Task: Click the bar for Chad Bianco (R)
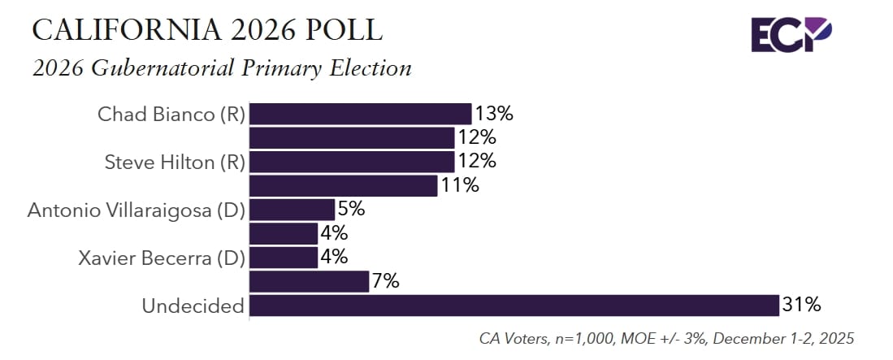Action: click(360, 114)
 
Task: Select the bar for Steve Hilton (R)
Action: click(351, 162)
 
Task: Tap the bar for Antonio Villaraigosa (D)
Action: click(292, 210)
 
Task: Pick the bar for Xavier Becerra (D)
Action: click(283, 258)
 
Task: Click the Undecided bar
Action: click(514, 306)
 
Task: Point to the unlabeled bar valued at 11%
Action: click(343, 186)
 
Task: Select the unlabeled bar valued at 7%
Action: click(309, 282)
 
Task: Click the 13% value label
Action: click(495, 114)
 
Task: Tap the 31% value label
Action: click(802, 306)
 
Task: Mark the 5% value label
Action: click(351, 210)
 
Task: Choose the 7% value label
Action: click(385, 282)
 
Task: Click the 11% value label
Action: click(460, 186)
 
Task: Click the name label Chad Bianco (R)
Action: click(171, 115)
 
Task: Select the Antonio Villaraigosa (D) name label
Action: click(137, 210)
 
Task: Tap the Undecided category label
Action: click(193, 306)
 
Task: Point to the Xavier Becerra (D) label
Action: click(162, 258)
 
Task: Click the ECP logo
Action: click(791, 34)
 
